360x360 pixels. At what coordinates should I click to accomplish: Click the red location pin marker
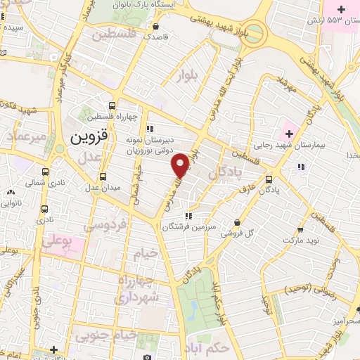click(181, 166)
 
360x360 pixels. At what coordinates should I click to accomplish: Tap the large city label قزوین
click(90, 137)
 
